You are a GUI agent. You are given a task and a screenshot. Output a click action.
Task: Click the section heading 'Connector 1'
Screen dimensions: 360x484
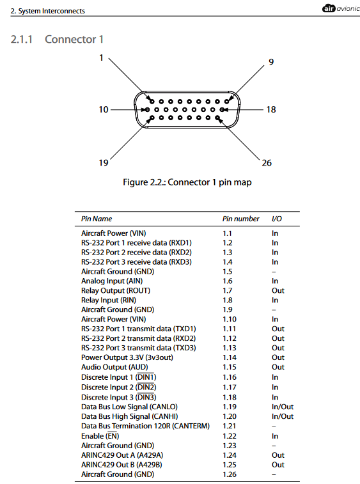click(74, 39)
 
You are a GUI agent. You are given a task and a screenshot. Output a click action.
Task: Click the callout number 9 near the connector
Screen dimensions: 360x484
click(271, 62)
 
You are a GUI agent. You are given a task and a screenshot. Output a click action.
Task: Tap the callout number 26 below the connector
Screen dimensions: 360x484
click(267, 162)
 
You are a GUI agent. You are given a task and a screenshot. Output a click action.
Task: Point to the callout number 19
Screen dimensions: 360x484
click(104, 162)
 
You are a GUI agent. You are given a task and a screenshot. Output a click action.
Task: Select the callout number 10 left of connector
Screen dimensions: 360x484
click(104, 109)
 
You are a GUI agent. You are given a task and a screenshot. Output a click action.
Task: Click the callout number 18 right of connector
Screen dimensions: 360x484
click(271, 109)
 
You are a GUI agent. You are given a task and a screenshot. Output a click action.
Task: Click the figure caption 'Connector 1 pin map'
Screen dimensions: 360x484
click(210, 182)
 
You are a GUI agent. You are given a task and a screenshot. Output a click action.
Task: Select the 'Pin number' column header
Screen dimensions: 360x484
click(241, 219)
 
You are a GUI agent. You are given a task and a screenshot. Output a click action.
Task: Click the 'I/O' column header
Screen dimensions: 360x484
click(277, 219)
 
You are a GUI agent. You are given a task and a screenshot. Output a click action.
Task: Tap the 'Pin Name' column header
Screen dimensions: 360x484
click(97, 219)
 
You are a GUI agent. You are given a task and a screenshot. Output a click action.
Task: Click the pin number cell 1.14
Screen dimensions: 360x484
click(230, 357)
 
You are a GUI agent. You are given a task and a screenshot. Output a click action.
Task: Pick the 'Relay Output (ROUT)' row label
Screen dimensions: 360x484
click(116, 291)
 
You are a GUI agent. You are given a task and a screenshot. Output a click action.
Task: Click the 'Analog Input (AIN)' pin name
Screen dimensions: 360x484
click(112, 281)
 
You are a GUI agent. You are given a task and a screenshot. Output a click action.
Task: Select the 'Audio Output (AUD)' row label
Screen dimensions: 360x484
click(114, 367)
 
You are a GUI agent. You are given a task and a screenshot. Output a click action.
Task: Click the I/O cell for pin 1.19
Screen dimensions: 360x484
click(283, 407)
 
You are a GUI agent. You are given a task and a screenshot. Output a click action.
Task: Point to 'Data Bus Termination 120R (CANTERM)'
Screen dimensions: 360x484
click(145, 426)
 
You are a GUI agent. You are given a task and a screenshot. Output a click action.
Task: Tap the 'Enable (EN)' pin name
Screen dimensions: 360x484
click(100, 436)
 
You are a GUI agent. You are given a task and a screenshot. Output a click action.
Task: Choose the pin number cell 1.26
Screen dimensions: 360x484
click(230, 474)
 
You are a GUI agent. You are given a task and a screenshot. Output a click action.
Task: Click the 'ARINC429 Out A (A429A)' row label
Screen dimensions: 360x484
click(122, 455)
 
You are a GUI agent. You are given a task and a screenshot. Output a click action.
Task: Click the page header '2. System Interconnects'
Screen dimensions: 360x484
click(47, 11)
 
